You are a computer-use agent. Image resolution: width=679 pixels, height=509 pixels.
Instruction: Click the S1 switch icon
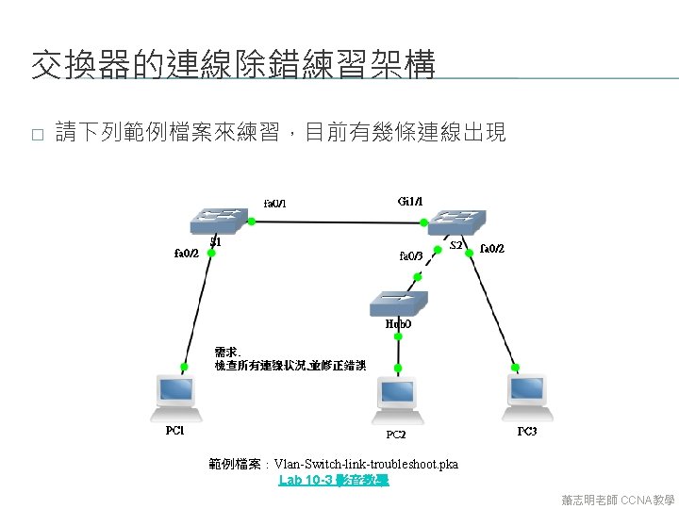pos(218,221)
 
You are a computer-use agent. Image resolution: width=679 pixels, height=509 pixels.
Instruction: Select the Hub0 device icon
pos(398,303)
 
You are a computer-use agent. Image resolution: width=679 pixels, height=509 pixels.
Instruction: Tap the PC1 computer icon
pos(177,397)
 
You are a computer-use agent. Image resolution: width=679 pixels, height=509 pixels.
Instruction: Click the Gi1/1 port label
pos(411,201)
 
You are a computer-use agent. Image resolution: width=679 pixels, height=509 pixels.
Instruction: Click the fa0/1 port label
pos(275,204)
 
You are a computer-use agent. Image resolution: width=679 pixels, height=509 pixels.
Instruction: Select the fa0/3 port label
pos(412,254)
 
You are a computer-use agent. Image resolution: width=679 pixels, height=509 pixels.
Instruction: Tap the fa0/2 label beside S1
pos(186,253)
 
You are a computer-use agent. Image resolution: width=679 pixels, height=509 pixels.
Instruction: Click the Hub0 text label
pos(398,323)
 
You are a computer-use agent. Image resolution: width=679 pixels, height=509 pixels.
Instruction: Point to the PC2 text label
pos(396,435)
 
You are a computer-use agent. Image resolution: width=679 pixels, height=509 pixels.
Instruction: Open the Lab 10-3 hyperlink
pos(334,480)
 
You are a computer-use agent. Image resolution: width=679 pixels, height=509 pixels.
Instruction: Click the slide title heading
pos(233,66)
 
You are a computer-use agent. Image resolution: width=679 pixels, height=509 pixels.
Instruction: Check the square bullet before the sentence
pos(37,135)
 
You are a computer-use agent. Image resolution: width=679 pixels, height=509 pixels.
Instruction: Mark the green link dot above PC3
pos(515,366)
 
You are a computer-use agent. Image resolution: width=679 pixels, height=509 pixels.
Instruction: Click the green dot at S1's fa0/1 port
pos(252,222)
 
